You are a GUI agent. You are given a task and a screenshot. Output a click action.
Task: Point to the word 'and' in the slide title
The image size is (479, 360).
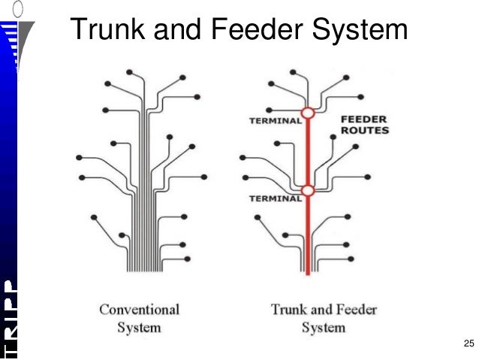(x=174, y=31)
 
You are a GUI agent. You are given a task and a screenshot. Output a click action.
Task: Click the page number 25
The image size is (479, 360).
(x=468, y=343)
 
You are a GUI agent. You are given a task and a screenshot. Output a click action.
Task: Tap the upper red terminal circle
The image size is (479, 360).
(x=308, y=113)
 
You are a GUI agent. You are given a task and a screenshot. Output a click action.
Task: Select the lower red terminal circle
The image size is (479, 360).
(x=308, y=190)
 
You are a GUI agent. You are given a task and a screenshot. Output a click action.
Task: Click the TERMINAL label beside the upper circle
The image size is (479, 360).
(x=274, y=121)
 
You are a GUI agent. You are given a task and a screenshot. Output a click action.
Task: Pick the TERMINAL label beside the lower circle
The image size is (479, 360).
(x=274, y=198)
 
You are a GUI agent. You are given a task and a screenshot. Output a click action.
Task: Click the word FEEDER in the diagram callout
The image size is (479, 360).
(x=365, y=119)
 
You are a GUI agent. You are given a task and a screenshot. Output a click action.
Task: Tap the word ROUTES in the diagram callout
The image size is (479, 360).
(x=365, y=130)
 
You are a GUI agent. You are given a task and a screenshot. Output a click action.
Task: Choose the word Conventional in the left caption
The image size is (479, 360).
(x=139, y=309)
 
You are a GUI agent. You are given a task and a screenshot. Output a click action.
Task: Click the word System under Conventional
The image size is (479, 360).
(x=139, y=327)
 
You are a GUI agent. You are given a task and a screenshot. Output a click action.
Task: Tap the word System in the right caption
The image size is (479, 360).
(x=324, y=327)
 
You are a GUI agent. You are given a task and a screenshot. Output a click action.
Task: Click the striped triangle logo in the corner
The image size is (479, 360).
(x=15, y=38)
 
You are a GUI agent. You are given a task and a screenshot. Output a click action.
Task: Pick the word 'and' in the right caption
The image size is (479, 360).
(x=320, y=309)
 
